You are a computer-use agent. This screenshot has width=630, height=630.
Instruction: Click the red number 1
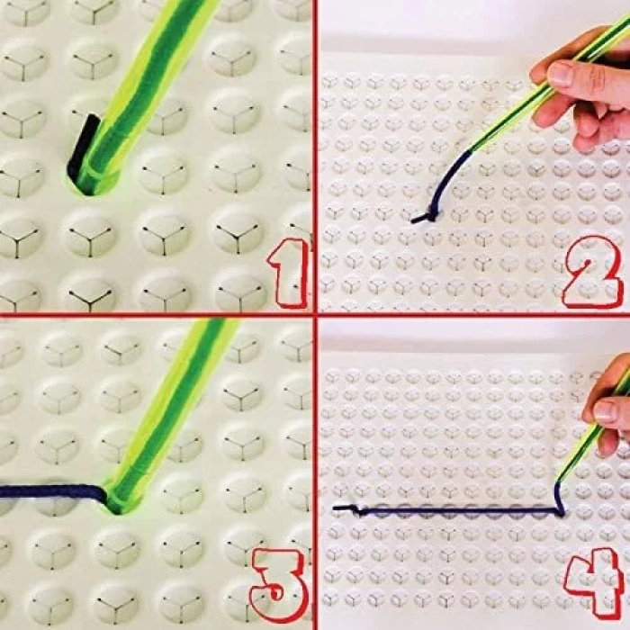point(289,274)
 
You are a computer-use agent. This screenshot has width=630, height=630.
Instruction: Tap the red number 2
point(589,274)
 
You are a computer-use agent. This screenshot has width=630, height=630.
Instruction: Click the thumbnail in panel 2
point(561,75)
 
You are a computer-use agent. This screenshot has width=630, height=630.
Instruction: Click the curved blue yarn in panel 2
point(446,176)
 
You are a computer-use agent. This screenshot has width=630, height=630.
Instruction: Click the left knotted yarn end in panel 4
point(346,509)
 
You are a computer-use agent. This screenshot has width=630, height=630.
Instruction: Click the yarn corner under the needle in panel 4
point(560,511)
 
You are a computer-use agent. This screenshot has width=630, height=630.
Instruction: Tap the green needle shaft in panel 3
point(169,414)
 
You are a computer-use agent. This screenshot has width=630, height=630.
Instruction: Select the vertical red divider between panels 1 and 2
point(316,156)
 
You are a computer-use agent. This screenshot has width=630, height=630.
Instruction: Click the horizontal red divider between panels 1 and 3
point(157,314)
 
